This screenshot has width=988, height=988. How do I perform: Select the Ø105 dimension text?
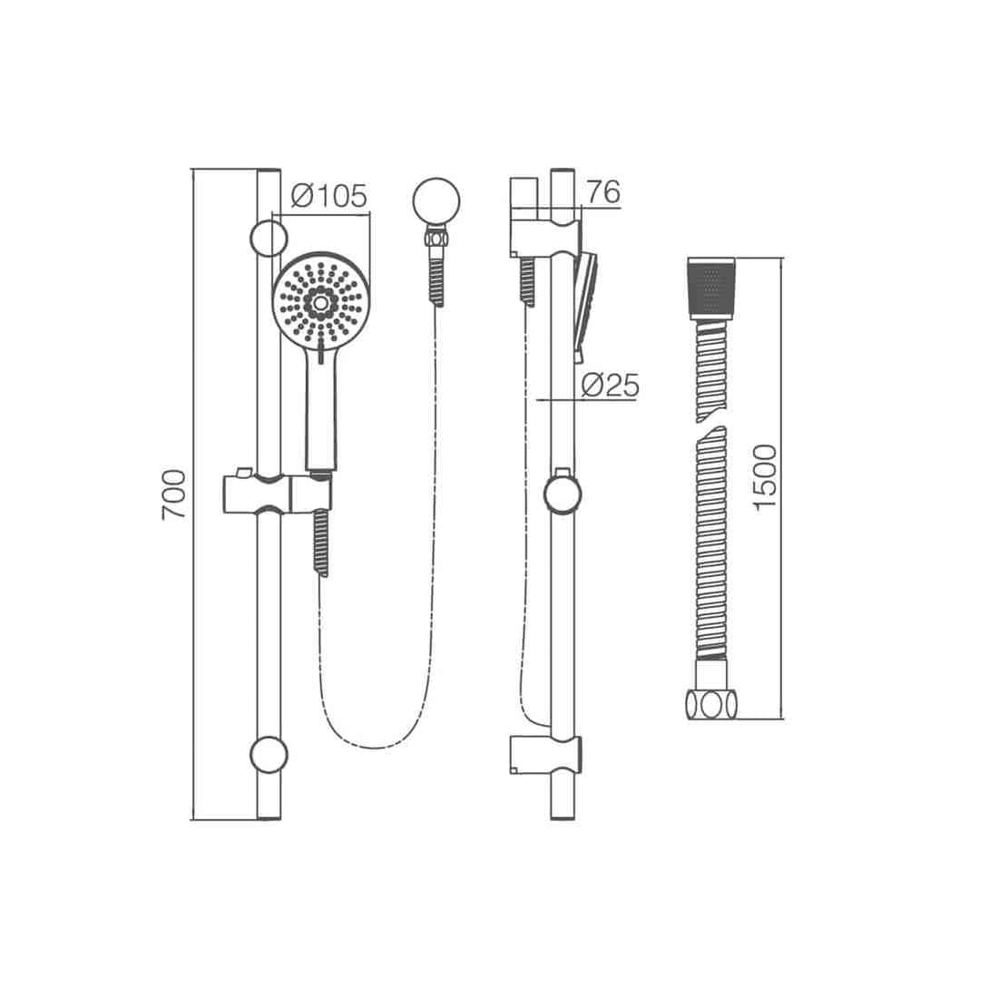pos(328,195)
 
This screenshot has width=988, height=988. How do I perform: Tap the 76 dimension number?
pos(602,192)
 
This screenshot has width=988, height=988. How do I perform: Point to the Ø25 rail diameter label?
pos(609,386)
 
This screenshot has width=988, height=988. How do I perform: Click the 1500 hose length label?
pos(766,476)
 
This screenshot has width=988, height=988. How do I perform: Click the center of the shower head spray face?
pos(319,300)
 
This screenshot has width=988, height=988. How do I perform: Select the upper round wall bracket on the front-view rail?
pos(269,238)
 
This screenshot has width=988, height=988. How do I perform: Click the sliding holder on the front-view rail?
pos(277,493)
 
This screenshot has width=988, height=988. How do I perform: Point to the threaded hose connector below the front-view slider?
pos(320,542)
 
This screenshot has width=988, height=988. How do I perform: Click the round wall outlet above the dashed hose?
pos(435,200)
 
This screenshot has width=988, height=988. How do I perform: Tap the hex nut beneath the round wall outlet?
pos(435,238)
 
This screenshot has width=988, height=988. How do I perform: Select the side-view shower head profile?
pos(585,304)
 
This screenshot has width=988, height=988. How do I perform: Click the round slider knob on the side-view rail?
pos(562,494)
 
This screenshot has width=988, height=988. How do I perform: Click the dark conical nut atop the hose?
pos(710,288)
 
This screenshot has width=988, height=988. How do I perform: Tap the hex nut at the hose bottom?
pos(710,703)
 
